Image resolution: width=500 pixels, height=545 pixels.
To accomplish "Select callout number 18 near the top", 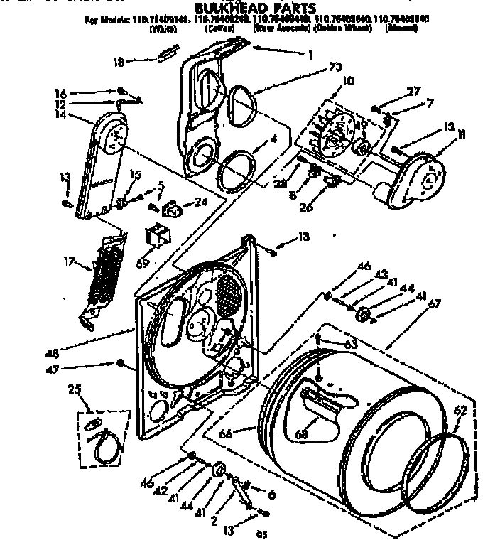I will pos(119,62).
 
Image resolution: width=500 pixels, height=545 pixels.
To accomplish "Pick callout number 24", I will pos(201,201).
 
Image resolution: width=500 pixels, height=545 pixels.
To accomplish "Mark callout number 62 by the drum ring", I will pos(461,410).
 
